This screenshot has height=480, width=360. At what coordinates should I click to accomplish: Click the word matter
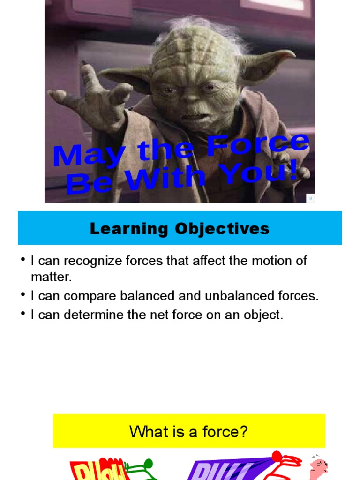(52, 277)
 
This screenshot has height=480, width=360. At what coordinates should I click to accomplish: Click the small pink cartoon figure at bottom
(318, 466)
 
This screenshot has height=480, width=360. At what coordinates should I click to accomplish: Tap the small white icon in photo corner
(310, 198)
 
